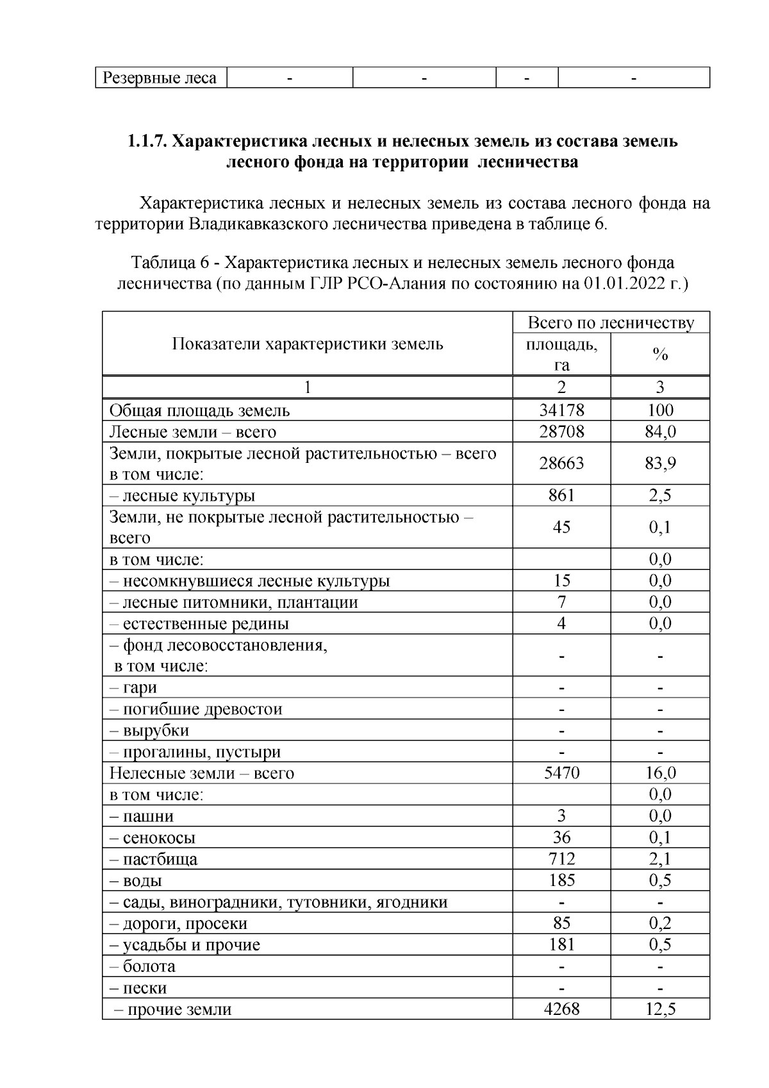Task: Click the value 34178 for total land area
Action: pyautogui.click(x=561, y=410)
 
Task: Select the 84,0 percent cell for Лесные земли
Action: pyautogui.click(x=660, y=431)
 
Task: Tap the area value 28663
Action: pyautogui.click(x=561, y=463)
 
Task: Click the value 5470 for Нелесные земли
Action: pyautogui.click(x=561, y=773)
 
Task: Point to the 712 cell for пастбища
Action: pyautogui.click(x=561, y=859)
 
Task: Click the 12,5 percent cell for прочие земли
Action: pyautogui.click(x=660, y=1009)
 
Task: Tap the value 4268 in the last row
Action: pyautogui.click(x=561, y=1009)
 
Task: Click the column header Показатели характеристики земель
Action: pyautogui.click(x=308, y=344)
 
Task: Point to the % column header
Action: pyautogui.click(x=660, y=355)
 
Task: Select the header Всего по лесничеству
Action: pyautogui.click(x=611, y=322)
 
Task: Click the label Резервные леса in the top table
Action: pyautogui.click(x=160, y=78)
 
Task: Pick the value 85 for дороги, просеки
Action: pyautogui.click(x=561, y=923)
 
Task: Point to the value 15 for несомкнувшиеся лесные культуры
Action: pyautogui.click(x=561, y=581)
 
